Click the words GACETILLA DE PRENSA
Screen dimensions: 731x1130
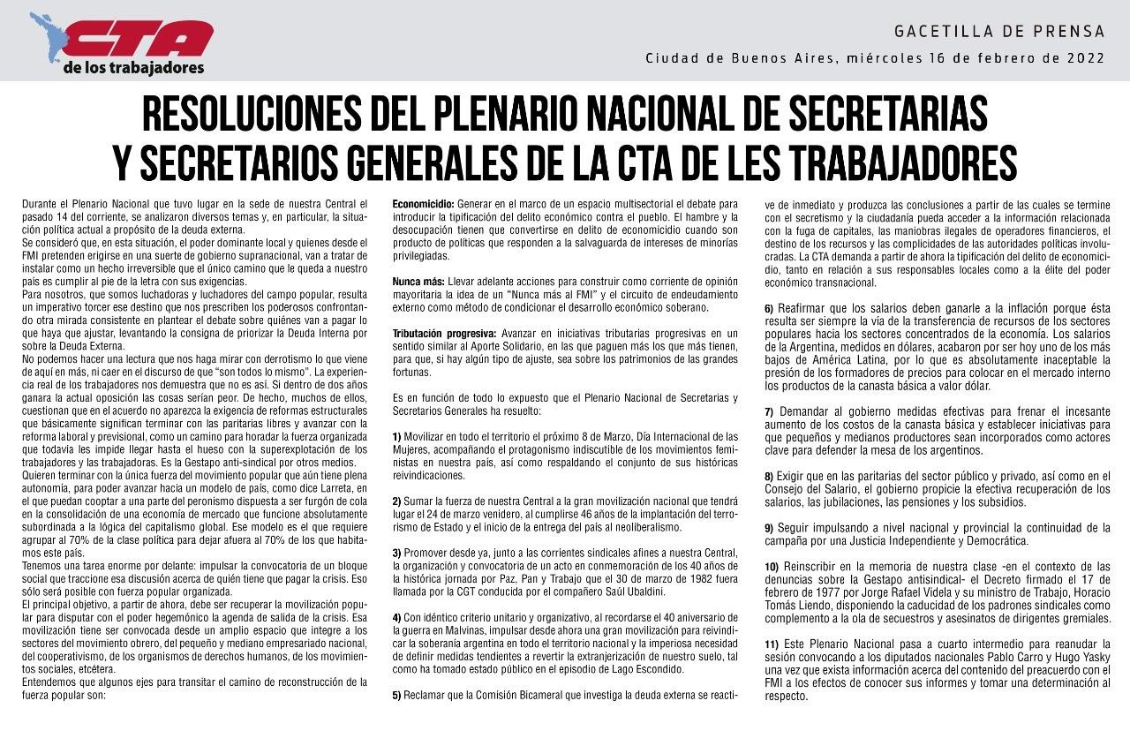(x=999, y=32)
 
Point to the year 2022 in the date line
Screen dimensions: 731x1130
(x=1086, y=58)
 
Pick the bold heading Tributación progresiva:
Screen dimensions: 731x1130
(x=444, y=333)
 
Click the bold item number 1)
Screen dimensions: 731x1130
(x=397, y=436)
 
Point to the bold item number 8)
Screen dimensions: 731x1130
(x=769, y=477)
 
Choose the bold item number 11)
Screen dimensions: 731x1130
(x=772, y=644)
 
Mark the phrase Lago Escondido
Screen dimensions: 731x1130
(x=632, y=669)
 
